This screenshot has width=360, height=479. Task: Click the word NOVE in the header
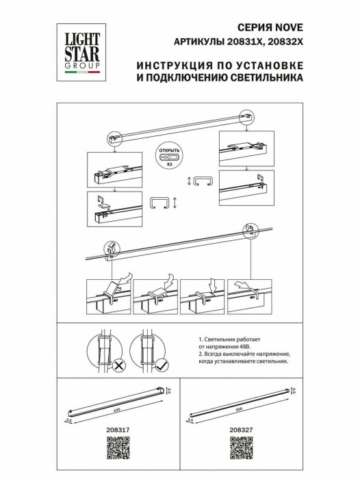(x=287, y=28)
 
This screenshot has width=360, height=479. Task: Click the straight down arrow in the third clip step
(x=211, y=284)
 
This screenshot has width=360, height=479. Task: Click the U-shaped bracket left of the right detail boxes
(x=203, y=181)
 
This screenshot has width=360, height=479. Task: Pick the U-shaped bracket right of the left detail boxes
(x=158, y=203)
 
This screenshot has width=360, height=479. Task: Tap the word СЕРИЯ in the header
(x=259, y=28)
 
